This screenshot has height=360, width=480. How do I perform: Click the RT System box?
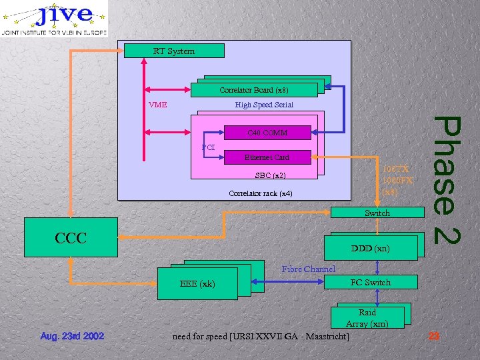(x=174, y=51)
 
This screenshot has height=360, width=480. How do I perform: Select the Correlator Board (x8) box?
(x=253, y=90)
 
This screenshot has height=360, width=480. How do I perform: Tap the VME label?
(x=158, y=105)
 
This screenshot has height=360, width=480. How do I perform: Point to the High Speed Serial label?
(x=264, y=105)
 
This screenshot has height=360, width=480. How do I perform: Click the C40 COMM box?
(x=267, y=133)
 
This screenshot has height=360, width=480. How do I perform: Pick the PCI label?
(x=208, y=147)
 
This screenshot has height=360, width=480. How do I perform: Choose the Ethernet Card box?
(x=267, y=157)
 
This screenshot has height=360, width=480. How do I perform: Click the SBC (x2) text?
(x=270, y=176)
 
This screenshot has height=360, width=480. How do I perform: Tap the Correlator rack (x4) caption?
(x=260, y=193)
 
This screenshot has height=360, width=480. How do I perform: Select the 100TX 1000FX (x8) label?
(x=397, y=180)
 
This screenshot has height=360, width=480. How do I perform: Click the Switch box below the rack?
(x=377, y=213)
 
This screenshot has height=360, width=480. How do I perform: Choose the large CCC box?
(x=71, y=237)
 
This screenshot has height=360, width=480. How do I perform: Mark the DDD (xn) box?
(x=371, y=249)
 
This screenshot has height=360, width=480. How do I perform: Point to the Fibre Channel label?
(x=308, y=269)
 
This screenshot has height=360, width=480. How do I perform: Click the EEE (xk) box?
(x=197, y=284)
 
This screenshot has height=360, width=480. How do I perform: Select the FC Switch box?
(x=371, y=282)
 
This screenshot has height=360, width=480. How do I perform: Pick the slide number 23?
(x=434, y=336)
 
